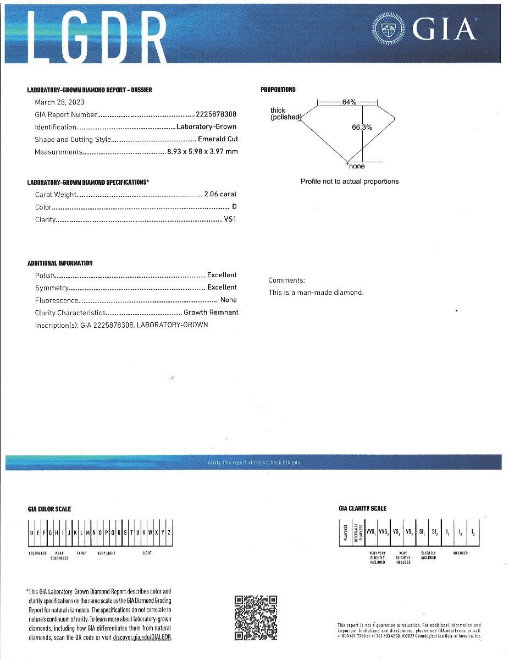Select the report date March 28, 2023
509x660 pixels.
point(59,102)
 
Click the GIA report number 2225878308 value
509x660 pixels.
point(216,114)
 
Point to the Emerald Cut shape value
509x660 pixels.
point(218,139)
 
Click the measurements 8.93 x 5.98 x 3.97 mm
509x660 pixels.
point(202,152)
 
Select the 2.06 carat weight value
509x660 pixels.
point(220,194)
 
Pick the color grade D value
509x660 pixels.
point(235,207)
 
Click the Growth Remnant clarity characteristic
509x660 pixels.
point(211,312)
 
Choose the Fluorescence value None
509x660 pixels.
point(228,300)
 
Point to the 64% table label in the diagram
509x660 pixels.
point(349,102)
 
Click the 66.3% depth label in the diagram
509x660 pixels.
point(362,127)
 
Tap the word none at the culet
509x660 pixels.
point(357,166)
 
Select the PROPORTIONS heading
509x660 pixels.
point(278,90)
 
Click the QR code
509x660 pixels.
point(256,618)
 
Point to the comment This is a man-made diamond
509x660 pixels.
point(316,293)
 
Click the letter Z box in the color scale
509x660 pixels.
point(169,532)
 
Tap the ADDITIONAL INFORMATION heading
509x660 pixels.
point(60,263)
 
